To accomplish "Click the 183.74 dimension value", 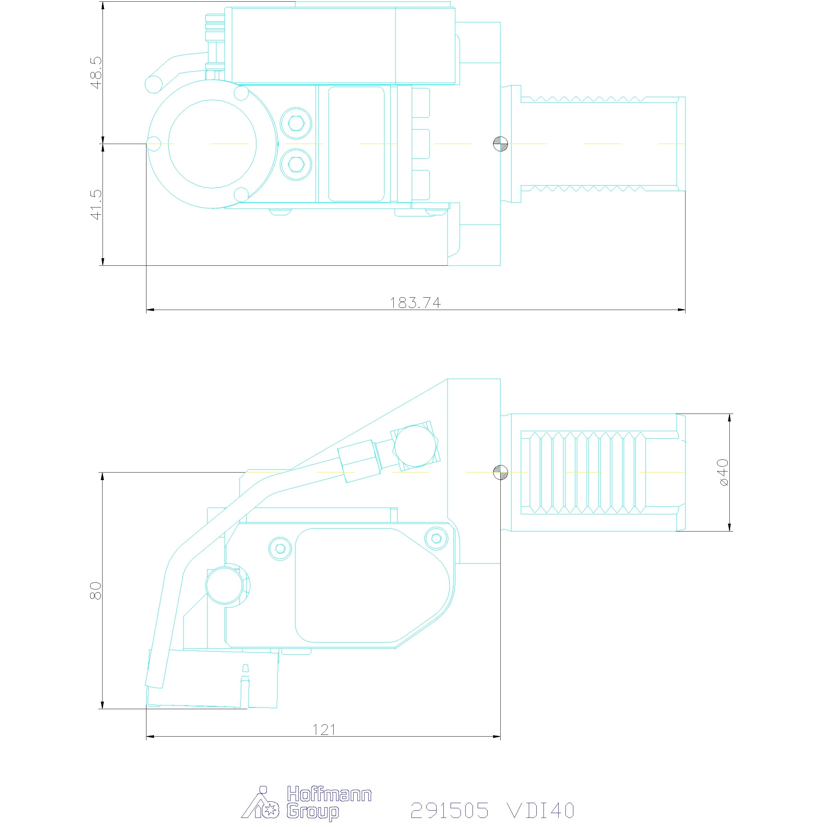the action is pos(415,302).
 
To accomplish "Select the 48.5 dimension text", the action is pos(97,72).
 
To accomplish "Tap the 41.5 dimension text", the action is pos(97,205).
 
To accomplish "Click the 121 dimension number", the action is pos(324,730).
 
